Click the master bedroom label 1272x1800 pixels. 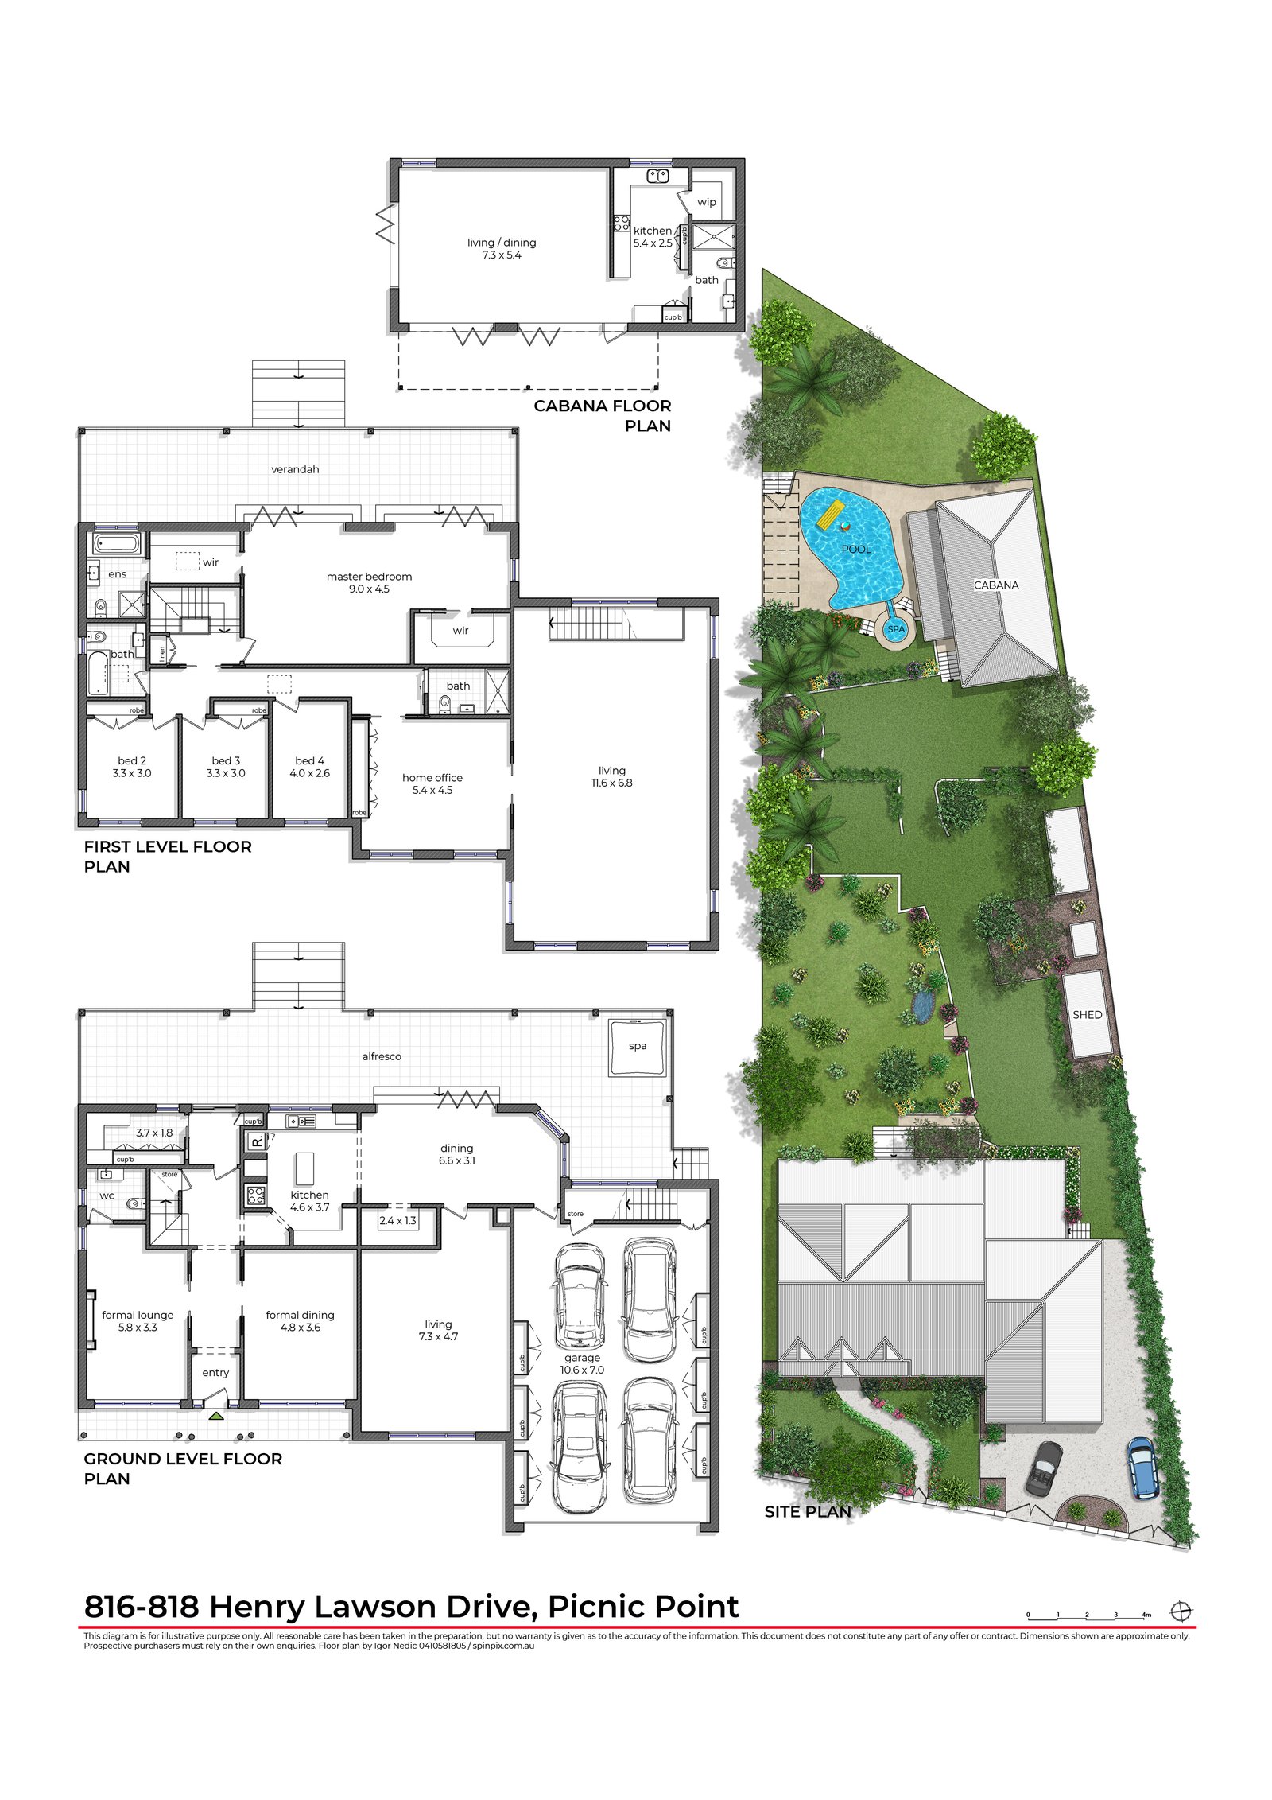click(x=369, y=577)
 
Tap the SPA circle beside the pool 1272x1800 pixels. click(x=896, y=628)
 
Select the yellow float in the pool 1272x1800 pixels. click(x=831, y=514)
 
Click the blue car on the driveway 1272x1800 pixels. click(x=1142, y=1468)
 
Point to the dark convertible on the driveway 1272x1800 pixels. click(x=1044, y=1468)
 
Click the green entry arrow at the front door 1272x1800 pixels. click(x=216, y=1416)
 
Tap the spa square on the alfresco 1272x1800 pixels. click(x=637, y=1047)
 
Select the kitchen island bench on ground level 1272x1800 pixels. click(x=304, y=1169)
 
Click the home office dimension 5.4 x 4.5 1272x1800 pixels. click(x=432, y=790)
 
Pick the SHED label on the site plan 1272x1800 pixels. click(x=1087, y=1015)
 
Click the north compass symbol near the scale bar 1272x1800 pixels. click(x=1181, y=1611)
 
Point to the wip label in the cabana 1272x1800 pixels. click(x=707, y=202)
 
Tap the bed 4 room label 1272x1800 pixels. click(x=309, y=760)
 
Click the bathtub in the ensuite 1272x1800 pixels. click(x=117, y=544)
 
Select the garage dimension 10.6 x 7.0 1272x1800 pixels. click(x=582, y=1370)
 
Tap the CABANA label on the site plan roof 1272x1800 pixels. click(x=996, y=585)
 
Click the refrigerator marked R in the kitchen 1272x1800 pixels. click(x=257, y=1141)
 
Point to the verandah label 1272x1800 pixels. click(x=295, y=469)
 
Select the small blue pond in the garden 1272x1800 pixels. click(x=922, y=1007)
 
